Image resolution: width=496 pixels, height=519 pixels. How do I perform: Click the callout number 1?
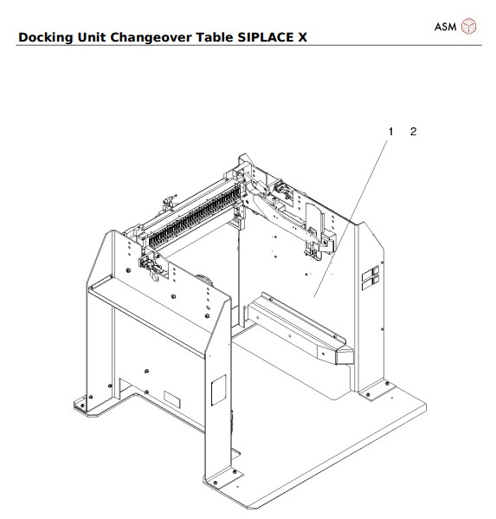pyautogui.click(x=390, y=132)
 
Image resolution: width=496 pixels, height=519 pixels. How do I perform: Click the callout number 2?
pyautogui.click(x=413, y=132)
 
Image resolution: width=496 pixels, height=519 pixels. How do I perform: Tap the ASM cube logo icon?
pyautogui.click(x=468, y=26)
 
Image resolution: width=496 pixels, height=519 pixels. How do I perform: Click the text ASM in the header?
pyautogui.click(x=445, y=26)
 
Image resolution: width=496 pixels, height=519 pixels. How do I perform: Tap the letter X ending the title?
pyautogui.click(x=302, y=38)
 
